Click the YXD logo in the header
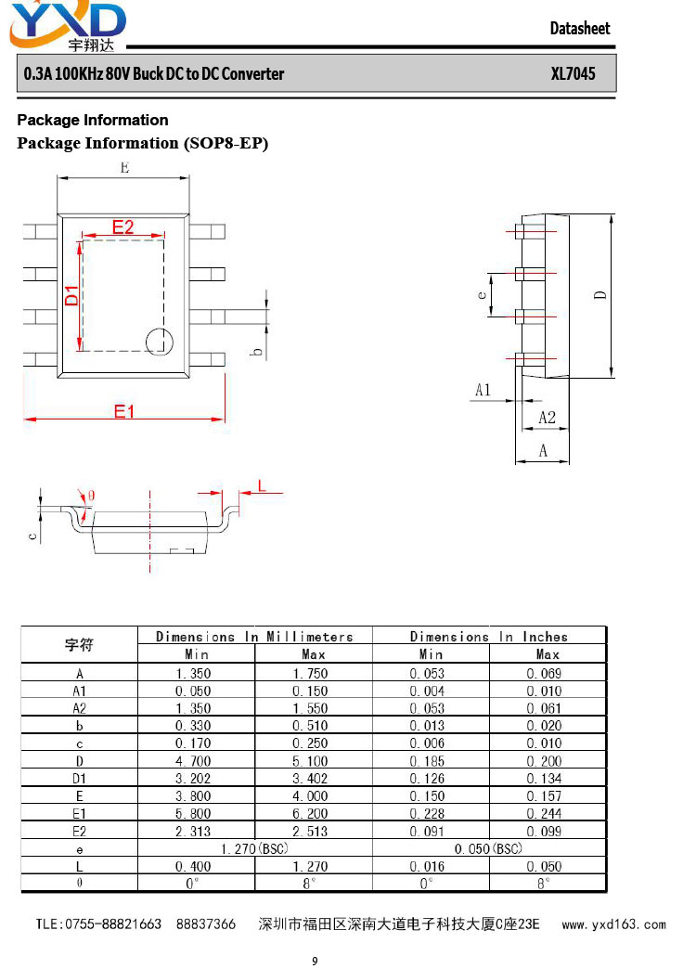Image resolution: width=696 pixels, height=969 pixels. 68,26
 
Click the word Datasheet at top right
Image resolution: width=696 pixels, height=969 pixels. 580,29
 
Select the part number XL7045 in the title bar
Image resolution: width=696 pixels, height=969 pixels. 573,73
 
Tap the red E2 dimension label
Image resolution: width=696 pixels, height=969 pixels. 123,226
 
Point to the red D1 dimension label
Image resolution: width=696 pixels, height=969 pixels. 71,295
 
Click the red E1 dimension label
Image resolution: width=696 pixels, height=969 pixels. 123,411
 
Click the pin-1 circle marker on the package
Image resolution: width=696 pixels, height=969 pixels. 159,342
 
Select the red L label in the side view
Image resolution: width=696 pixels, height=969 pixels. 262,485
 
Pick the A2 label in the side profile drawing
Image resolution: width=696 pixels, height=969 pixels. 547,418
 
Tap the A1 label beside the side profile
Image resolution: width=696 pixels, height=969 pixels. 483,390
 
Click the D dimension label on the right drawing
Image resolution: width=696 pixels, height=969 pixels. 600,295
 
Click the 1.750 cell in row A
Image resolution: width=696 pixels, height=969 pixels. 310,673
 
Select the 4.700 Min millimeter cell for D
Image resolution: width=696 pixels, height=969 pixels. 193,761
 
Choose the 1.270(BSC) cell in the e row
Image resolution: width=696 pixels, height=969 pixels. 254,848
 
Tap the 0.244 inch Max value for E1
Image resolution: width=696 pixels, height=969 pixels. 544,813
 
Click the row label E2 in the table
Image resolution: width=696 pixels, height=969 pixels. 79,832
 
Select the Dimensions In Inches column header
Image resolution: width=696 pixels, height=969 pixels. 489,637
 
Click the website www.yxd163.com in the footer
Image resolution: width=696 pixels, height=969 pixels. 613,924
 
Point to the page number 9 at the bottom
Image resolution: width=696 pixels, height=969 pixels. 315,961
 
